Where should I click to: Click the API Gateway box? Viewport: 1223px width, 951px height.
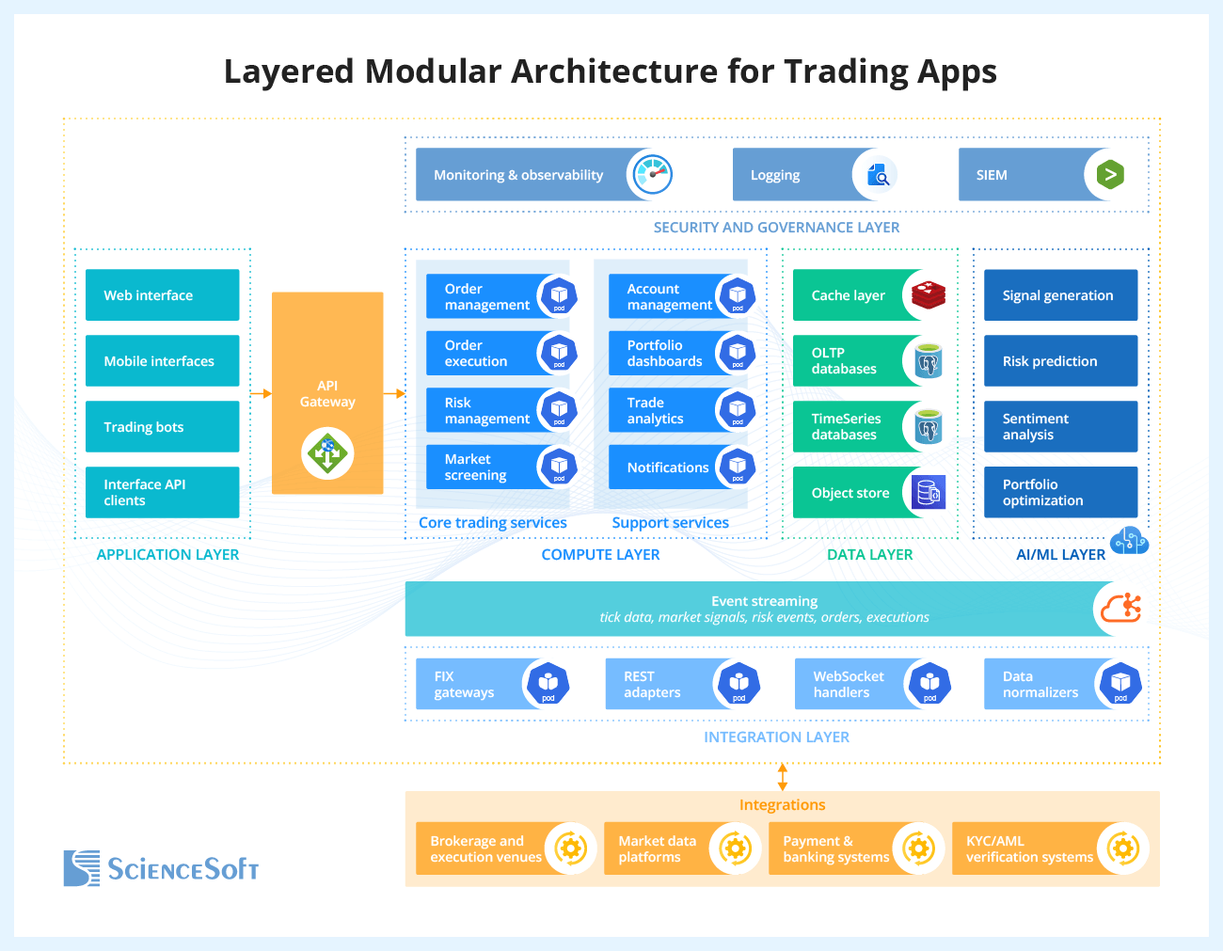click(327, 393)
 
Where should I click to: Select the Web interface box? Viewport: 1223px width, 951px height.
click(162, 295)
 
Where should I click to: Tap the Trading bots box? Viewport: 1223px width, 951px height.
click(162, 427)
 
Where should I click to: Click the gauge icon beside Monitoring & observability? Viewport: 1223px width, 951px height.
click(652, 174)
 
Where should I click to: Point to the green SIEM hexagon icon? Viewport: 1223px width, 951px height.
click(1110, 175)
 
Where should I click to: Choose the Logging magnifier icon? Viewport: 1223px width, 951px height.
click(878, 175)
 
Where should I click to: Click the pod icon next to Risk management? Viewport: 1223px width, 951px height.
click(559, 410)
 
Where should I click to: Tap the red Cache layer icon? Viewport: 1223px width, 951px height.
click(928, 295)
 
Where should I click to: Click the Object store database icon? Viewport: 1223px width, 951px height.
click(929, 493)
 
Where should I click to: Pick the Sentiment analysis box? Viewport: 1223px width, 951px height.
click(1060, 427)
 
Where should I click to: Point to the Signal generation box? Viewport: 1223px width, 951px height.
click(1060, 295)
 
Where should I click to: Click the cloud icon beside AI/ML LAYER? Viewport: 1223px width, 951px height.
click(1129, 542)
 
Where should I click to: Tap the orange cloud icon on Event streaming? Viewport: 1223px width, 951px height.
click(1121, 609)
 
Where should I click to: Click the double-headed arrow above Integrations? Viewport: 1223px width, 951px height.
click(782, 777)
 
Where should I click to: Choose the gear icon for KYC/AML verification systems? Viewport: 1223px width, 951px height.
click(1122, 848)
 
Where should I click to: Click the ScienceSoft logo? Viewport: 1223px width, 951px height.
click(161, 868)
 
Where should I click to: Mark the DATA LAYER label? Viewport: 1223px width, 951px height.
click(869, 555)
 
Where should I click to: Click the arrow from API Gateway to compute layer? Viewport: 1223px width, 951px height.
click(394, 393)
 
